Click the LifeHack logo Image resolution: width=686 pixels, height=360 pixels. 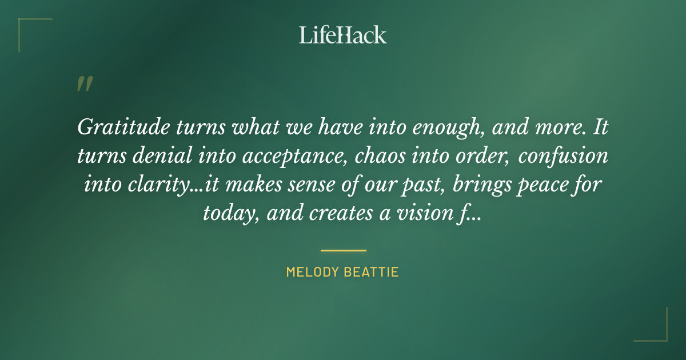(343, 35)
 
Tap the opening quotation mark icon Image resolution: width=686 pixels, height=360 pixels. (84, 85)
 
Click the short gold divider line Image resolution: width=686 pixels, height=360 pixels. (343, 250)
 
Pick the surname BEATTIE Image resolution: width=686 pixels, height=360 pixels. (372, 272)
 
